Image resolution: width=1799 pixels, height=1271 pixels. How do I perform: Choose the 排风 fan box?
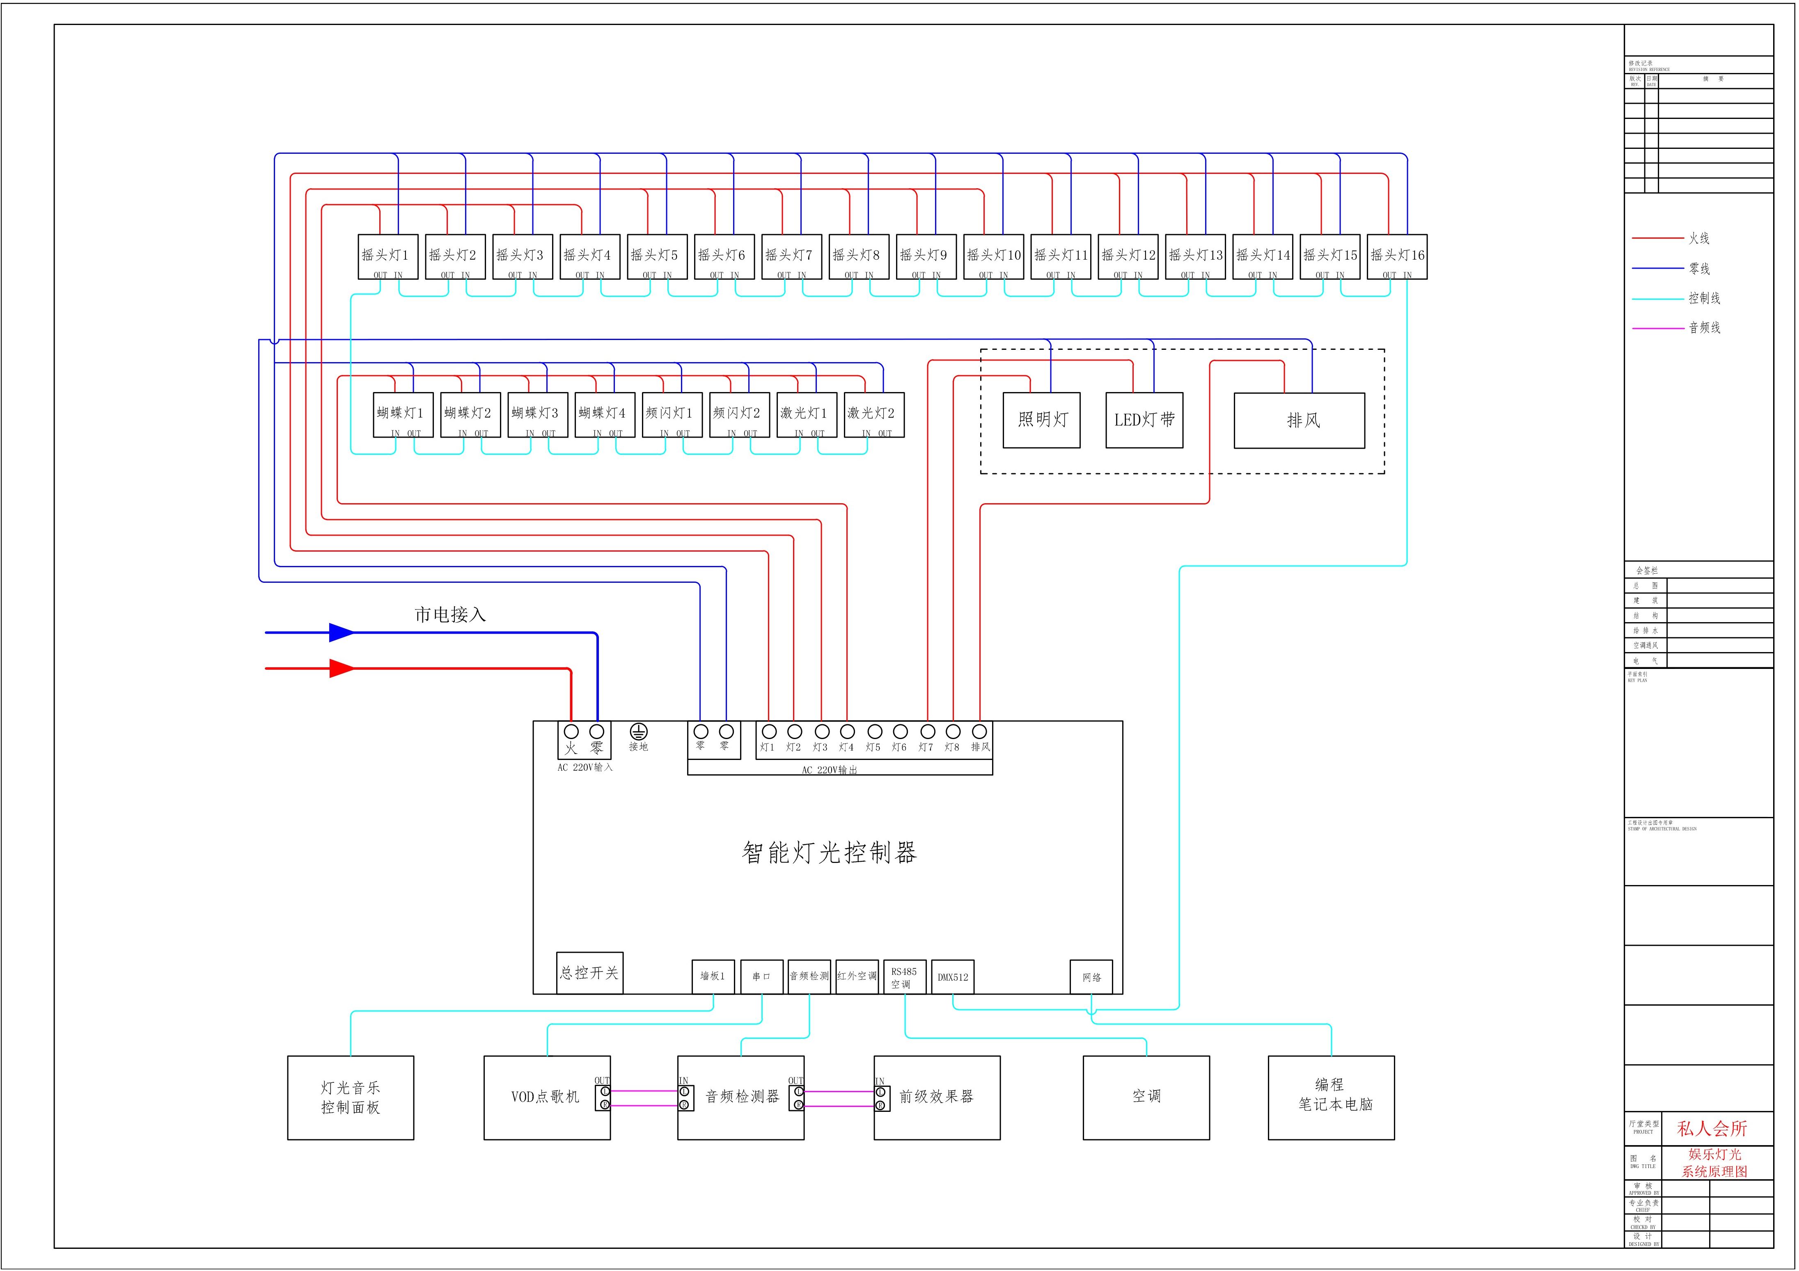pyautogui.click(x=1299, y=420)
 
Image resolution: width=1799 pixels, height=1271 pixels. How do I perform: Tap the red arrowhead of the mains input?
pyautogui.click(x=341, y=668)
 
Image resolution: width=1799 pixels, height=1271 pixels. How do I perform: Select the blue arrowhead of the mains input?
pyautogui.click(x=341, y=632)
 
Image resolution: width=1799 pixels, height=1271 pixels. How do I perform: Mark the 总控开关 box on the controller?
pyautogui.click(x=589, y=973)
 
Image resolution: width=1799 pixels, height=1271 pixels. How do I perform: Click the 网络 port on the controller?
pyautogui.click(x=1091, y=977)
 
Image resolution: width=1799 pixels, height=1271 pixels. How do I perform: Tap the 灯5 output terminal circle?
pyautogui.click(x=874, y=731)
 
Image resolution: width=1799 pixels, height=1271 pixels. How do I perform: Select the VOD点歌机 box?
pyautogui.click(x=546, y=1097)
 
